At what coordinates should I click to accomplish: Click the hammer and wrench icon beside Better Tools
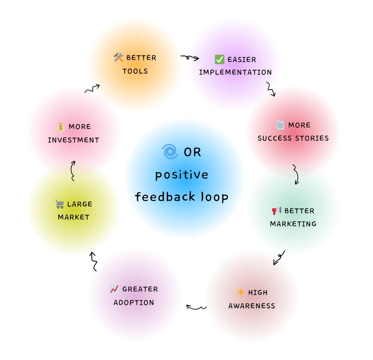(x=118, y=58)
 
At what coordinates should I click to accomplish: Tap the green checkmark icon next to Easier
(x=219, y=59)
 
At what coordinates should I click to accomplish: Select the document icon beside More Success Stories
(x=280, y=125)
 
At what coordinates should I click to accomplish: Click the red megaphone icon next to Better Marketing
(x=276, y=211)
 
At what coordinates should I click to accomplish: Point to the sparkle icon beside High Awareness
(x=240, y=293)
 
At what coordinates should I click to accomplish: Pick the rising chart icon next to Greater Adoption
(x=115, y=289)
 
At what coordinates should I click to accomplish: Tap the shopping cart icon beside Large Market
(x=59, y=204)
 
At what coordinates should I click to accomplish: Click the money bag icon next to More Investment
(x=61, y=127)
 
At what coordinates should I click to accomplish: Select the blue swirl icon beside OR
(x=170, y=152)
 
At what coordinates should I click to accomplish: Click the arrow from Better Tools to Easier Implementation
(x=190, y=58)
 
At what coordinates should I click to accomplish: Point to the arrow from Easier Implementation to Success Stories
(x=271, y=89)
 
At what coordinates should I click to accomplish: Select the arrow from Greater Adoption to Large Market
(x=93, y=261)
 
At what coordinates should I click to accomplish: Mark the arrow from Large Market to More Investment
(x=73, y=171)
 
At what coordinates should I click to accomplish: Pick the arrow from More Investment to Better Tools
(x=92, y=89)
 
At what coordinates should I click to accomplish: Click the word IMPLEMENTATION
(x=235, y=72)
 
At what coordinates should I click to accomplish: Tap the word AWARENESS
(x=252, y=306)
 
